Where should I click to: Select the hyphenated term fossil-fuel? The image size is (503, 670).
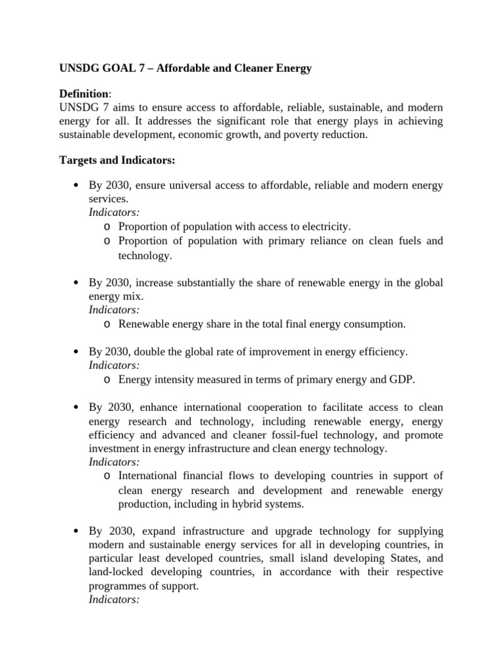pyautogui.click(x=312, y=435)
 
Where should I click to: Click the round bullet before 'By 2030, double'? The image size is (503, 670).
pyautogui.click(x=75, y=352)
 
